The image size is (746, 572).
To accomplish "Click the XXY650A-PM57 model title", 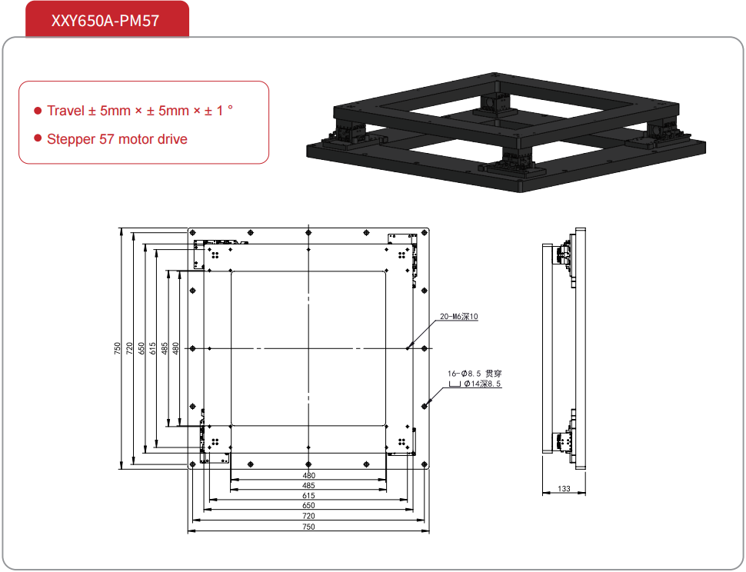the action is point(105,21).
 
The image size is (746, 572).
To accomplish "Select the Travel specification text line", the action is point(140,111).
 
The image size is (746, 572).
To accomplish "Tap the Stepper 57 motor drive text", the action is point(117,139).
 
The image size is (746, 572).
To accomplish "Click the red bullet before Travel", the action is point(38,111).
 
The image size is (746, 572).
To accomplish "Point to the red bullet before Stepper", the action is point(38,138).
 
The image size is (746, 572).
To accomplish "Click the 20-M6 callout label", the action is point(458,316).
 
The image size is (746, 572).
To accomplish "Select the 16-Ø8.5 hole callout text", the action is point(475,374).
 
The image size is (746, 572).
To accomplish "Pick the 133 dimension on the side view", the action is point(564,488).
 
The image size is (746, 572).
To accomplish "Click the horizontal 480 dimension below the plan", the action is point(308,475).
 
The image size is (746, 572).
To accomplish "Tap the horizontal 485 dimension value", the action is point(308,485).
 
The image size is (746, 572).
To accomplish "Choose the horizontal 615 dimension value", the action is point(308,495).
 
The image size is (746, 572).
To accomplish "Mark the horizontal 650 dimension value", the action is point(308,505).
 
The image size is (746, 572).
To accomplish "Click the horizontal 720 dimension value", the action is point(308,516).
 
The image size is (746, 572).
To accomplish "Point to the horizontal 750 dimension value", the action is point(308,527).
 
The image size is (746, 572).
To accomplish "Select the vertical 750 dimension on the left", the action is point(118,348).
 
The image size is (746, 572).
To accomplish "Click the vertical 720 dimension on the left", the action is point(129,348).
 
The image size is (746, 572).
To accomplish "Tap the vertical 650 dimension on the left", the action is point(142,348).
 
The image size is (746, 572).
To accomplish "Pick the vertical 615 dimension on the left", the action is point(153,348).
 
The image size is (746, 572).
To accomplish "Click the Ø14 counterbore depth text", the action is point(482,384).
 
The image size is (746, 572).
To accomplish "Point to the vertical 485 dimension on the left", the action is point(165,348).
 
